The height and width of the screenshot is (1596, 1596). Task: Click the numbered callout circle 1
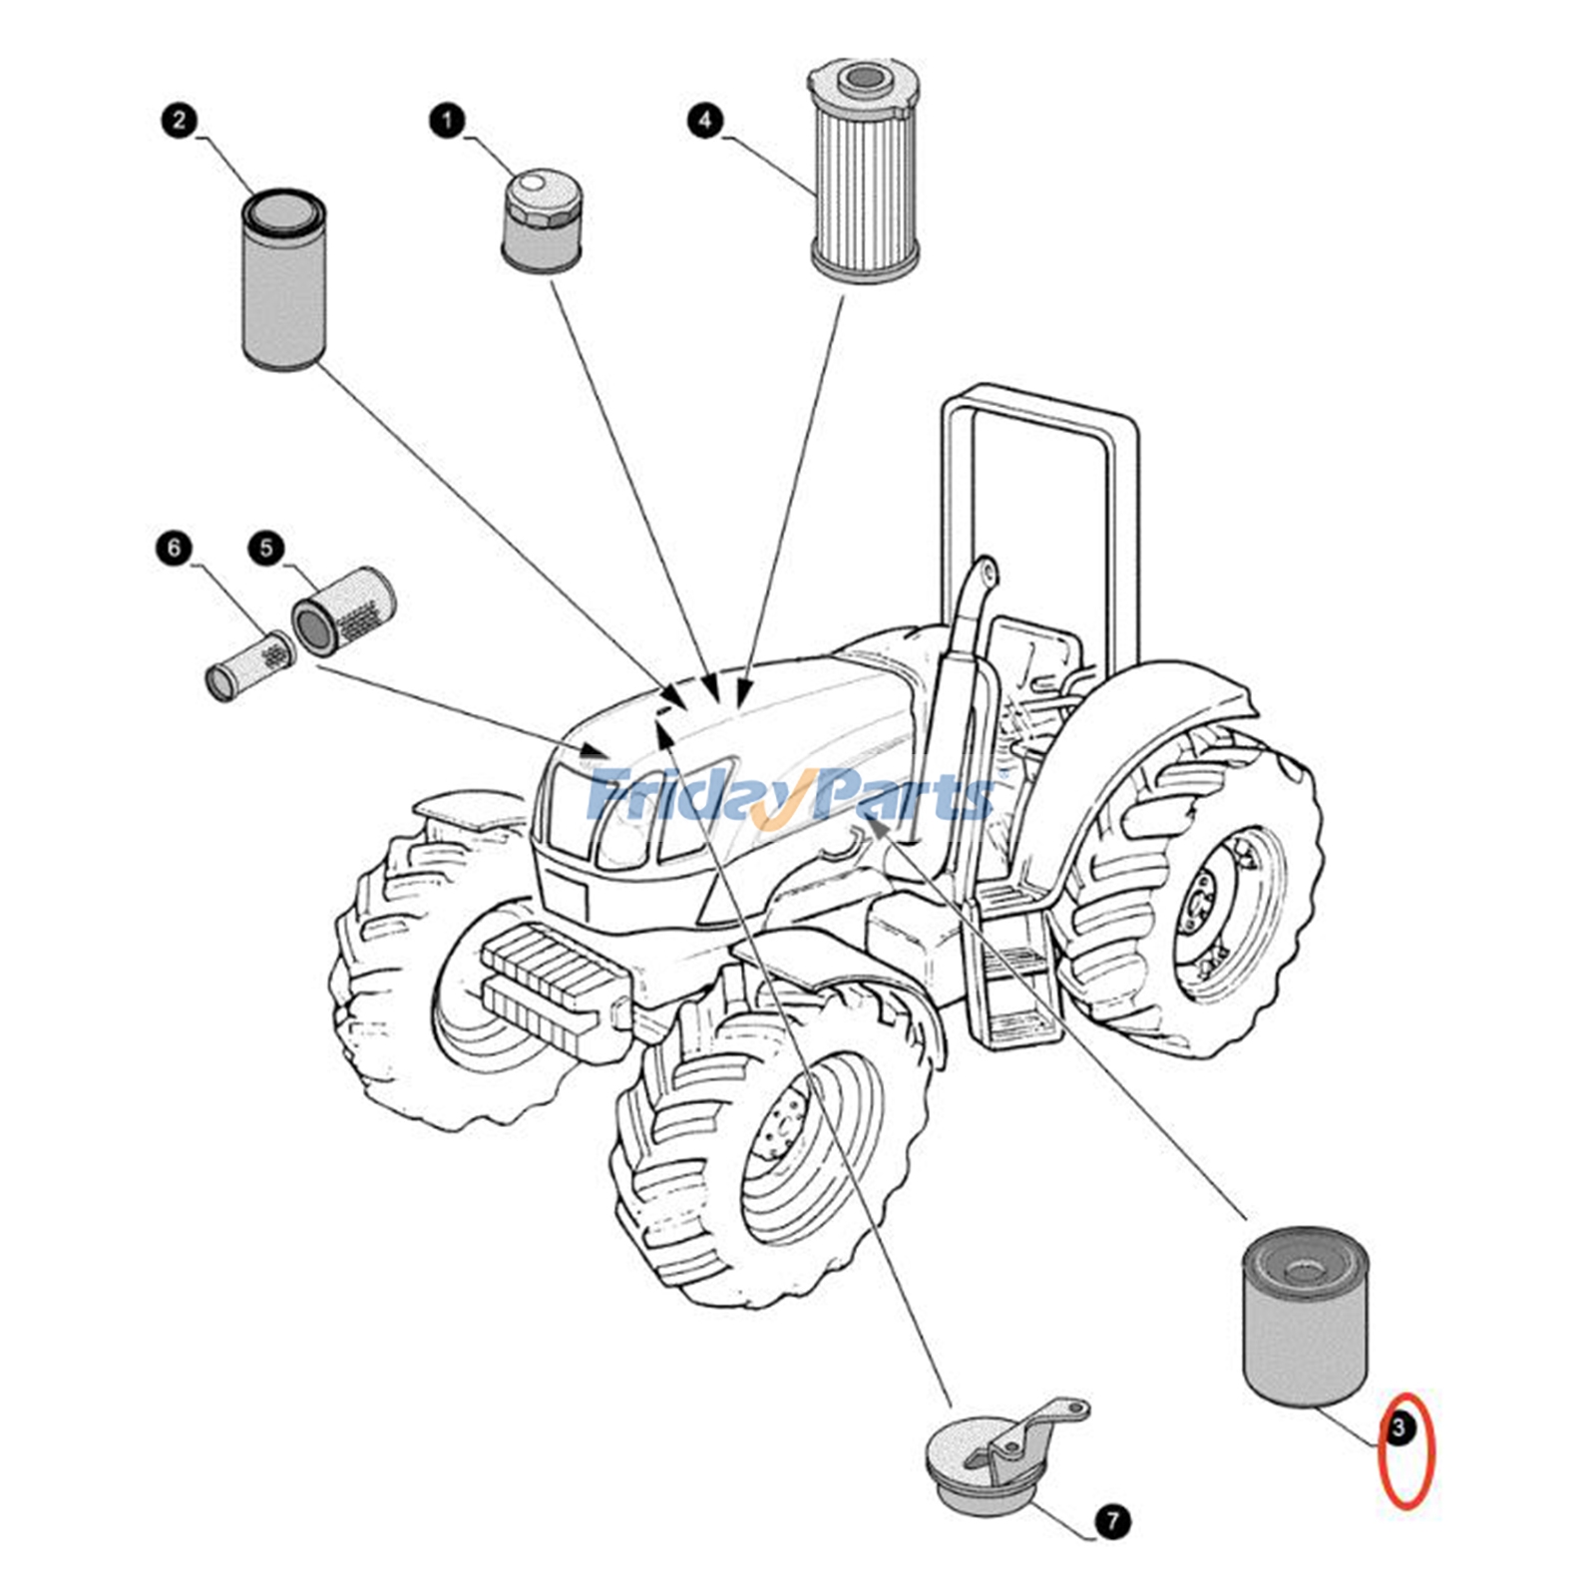(446, 122)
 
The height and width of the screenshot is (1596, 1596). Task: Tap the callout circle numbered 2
(179, 122)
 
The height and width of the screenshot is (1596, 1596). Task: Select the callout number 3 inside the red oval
(1398, 1428)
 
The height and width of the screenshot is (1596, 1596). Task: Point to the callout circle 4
(705, 122)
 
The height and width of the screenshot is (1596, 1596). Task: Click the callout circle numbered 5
(266, 548)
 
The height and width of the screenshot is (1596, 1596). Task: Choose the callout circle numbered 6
(175, 548)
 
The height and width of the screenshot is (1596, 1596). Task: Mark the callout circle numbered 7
(1112, 1521)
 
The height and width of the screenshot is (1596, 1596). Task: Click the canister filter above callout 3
(1305, 1317)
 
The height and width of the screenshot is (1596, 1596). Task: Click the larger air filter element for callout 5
(342, 610)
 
